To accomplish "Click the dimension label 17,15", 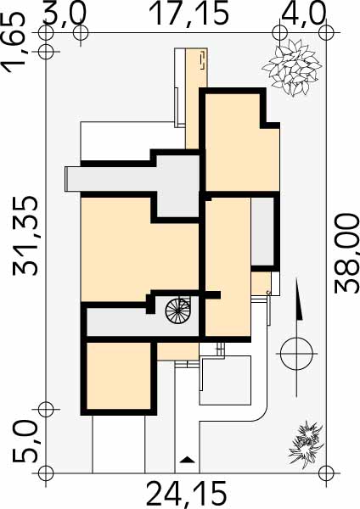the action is click(188, 14).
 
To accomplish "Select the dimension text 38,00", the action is click(347, 253).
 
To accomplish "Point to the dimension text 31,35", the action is click(25, 236).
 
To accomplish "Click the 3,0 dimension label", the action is click(65, 14).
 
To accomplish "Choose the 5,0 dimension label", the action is click(25, 441).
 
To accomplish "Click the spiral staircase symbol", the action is click(177, 310).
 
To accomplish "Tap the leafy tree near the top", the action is click(292, 69).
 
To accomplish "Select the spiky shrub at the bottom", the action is click(306, 444).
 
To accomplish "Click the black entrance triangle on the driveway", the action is click(187, 459).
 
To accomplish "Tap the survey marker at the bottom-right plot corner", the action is click(326, 473).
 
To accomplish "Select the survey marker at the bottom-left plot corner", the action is click(46, 473).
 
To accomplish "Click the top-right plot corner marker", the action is click(326, 33).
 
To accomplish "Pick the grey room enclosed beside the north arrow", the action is click(262, 232).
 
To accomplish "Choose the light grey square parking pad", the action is click(225, 380).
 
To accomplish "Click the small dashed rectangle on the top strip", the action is click(202, 60).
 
